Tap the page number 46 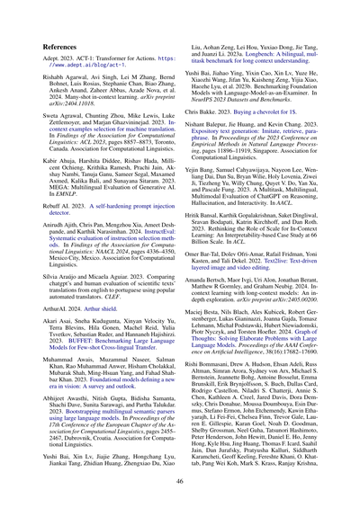179,482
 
